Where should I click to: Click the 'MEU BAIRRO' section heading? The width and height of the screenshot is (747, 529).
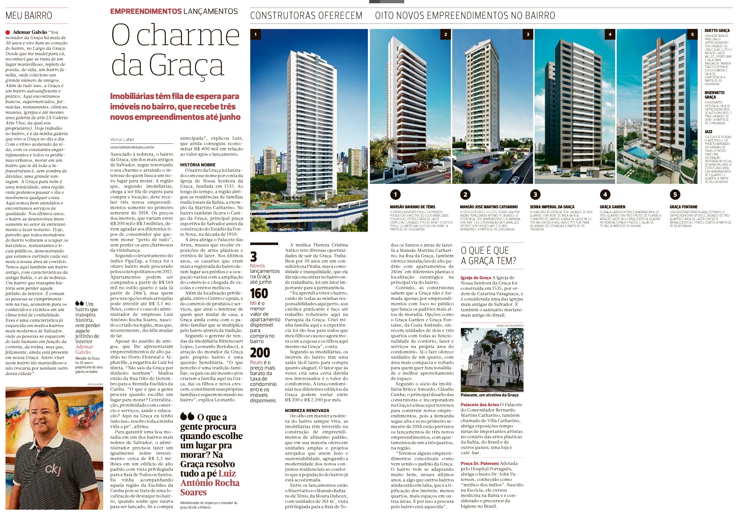[29, 16]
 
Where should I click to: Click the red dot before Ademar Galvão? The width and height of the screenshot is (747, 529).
[8, 32]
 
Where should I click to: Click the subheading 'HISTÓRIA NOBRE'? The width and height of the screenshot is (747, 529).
[198, 165]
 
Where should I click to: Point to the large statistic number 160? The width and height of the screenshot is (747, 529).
[259, 293]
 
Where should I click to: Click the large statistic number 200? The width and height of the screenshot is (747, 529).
[260, 352]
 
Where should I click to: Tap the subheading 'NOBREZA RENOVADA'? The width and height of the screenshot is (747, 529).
[307, 410]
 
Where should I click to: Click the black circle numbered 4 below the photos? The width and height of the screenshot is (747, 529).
[605, 194]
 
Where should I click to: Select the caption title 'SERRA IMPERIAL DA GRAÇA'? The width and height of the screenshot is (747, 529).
[552, 207]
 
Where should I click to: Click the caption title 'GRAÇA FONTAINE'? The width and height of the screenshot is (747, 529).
[684, 207]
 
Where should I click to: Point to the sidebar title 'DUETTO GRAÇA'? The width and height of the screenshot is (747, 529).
[717, 31]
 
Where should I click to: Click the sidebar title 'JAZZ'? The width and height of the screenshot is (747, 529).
[708, 132]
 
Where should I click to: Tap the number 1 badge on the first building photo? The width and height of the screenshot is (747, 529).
[255, 34]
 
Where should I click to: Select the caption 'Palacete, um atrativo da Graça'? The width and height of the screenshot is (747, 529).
[489, 395]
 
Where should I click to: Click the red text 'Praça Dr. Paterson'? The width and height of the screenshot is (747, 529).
[480, 463]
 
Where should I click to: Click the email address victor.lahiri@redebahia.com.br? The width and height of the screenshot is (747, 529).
[132, 147]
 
